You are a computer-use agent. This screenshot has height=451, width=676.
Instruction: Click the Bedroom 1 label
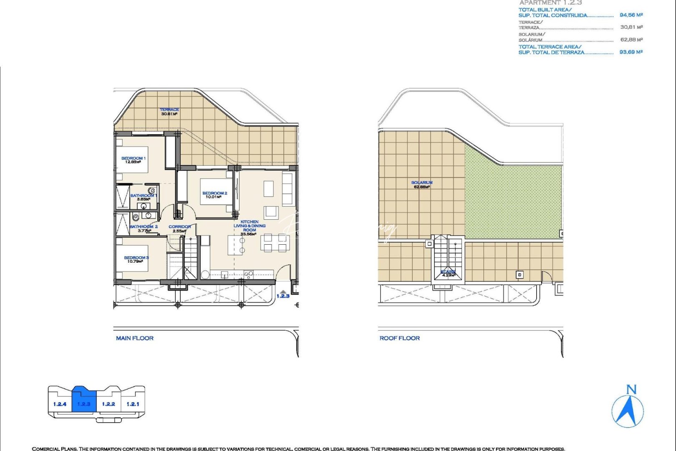point(133,160)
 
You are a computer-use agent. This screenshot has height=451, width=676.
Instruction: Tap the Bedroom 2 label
point(214,195)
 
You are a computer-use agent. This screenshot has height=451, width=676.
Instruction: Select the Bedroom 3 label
point(136,259)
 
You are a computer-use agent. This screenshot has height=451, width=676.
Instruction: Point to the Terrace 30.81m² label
point(169,111)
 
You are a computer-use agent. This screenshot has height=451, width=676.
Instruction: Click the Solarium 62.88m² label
point(422,185)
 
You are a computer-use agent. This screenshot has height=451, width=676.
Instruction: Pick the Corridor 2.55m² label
point(179,228)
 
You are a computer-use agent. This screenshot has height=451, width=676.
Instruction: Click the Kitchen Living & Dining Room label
point(249,228)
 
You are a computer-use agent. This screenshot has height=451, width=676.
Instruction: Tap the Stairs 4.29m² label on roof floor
point(448,274)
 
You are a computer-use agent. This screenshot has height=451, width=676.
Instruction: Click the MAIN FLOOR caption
point(134,338)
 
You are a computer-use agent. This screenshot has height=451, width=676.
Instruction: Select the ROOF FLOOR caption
point(399,338)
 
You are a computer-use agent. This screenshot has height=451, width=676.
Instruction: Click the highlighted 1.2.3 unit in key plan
point(84,401)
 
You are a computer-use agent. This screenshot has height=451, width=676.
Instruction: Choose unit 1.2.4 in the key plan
point(60,404)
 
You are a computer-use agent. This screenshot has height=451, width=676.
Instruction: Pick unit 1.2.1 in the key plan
point(133,404)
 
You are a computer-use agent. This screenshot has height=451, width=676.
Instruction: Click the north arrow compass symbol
point(628,409)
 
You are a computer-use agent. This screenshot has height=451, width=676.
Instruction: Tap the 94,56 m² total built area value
point(631,15)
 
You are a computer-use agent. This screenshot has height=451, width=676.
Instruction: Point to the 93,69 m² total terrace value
point(631,52)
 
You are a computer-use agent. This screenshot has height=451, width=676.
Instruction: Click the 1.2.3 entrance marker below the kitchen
point(283,295)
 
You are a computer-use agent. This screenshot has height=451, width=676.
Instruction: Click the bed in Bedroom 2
point(216,192)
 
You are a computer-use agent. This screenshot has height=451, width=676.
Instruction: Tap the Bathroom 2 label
point(144,228)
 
